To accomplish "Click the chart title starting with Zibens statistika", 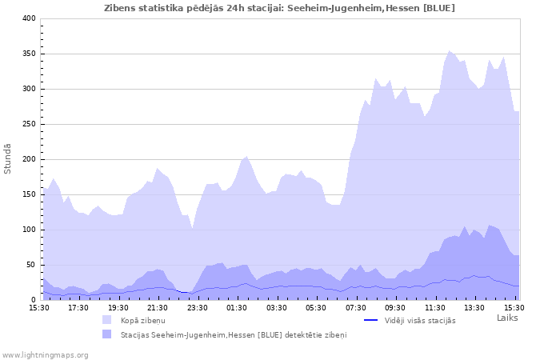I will [279, 8].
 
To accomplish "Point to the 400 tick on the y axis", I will [28, 18].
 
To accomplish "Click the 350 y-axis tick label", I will [28, 54].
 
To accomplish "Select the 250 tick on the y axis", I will [28, 124].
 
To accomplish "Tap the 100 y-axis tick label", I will [28, 230].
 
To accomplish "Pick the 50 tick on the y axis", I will [30, 265].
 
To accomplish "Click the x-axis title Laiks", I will [507, 318].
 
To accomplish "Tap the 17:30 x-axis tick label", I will [78, 307].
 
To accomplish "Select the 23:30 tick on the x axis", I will [197, 307].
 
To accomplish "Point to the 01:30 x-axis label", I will [237, 307].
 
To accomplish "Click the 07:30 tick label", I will [355, 307].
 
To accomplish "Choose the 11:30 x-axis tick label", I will [434, 307].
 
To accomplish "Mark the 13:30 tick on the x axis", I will [474, 307].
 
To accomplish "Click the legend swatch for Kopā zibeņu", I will [106, 320].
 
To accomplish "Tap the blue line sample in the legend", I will [370, 320].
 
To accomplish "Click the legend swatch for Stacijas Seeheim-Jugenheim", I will [106, 334].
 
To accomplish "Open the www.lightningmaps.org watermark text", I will [45, 354].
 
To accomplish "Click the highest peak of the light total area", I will [450, 51].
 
